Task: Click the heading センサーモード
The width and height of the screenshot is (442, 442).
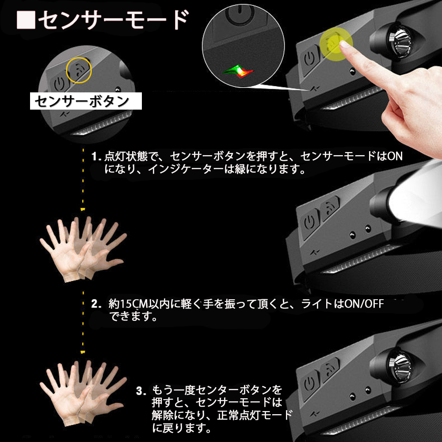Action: click(113, 20)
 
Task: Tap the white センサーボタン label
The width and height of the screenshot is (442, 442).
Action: click(86, 101)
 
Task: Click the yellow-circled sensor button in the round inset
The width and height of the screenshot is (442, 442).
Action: click(79, 70)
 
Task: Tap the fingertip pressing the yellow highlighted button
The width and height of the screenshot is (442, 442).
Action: click(344, 44)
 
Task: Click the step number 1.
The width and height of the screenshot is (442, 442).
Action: click(96, 156)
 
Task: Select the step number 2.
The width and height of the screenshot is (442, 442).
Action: click(96, 304)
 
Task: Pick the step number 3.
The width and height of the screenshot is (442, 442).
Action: click(141, 391)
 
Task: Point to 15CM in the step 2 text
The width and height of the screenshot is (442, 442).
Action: click(134, 304)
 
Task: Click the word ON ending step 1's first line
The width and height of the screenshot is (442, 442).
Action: click(395, 156)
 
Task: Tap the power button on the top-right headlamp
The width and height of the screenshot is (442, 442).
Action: click(310, 60)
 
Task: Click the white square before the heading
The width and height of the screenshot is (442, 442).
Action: click(26, 20)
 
